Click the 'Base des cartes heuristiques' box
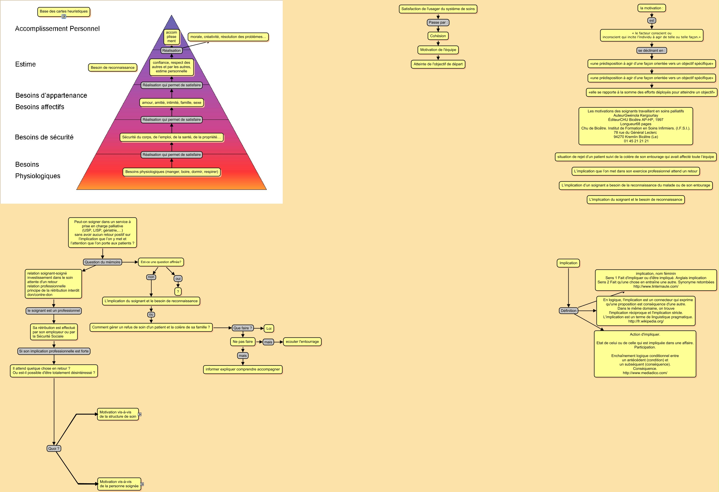pyautogui.click(x=64, y=11)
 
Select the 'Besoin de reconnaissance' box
pyautogui.click(x=113, y=67)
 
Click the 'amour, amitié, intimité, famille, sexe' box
pyautogui.click(x=172, y=103)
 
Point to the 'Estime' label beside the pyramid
pyautogui.click(x=25, y=64)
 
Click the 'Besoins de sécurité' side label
pyautogui.click(x=44, y=137)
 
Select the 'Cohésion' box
pyautogui.click(x=438, y=36)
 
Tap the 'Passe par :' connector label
pyautogui.click(x=438, y=23)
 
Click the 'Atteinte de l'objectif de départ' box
pyautogui.click(x=438, y=64)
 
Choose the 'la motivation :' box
pyautogui.click(x=652, y=8)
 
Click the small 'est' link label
pyautogui.click(x=652, y=21)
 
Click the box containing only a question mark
pyautogui.click(x=178, y=292)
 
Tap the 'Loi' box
pyautogui.click(x=269, y=329)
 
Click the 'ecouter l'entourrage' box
pyautogui.click(x=302, y=342)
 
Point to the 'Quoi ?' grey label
pyautogui.click(x=54, y=449)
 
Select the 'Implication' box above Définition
pyautogui.click(x=568, y=263)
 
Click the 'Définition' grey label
pyautogui.click(x=569, y=311)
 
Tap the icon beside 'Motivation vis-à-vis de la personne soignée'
pyautogui.click(x=142, y=484)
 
